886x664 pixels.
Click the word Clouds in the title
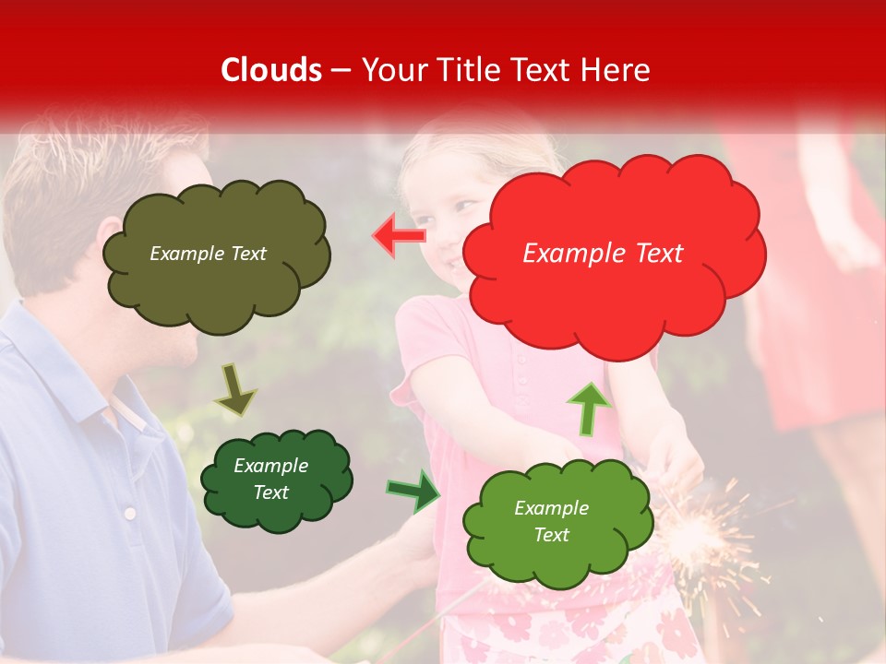(271, 70)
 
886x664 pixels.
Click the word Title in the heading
(470, 70)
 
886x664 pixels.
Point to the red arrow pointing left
(399, 235)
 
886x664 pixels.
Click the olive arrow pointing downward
(235, 389)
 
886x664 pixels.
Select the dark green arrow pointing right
(413, 491)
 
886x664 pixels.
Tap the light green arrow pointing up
(588, 407)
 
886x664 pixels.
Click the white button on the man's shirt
(130, 513)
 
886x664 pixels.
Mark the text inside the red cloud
(603, 254)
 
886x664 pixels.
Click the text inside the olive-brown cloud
(208, 254)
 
